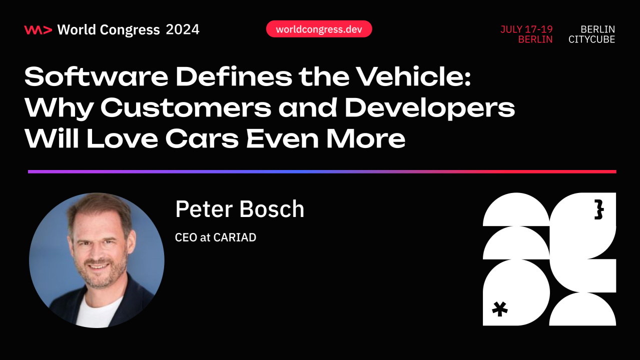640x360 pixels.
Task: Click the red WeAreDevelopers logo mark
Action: click(x=38, y=30)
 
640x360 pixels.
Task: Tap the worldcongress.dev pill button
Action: click(x=319, y=29)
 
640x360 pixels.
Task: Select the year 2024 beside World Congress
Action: click(x=183, y=30)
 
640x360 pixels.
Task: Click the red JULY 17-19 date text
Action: click(x=526, y=29)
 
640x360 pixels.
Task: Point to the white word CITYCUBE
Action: click(x=591, y=39)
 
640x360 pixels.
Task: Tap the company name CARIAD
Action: click(x=235, y=237)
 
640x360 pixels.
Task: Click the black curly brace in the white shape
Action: click(x=598, y=210)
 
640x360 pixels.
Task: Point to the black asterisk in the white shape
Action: click(x=499, y=308)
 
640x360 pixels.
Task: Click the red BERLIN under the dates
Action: click(x=535, y=39)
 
